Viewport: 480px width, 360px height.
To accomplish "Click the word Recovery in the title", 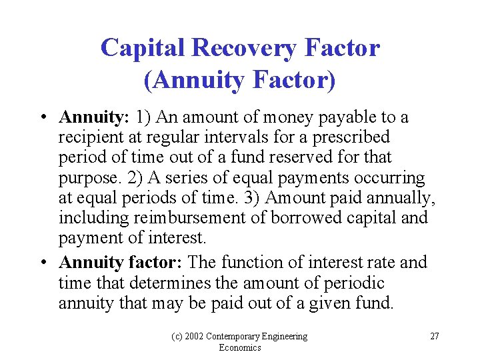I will tap(245, 48).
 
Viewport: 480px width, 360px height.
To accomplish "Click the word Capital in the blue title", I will tap(143, 48).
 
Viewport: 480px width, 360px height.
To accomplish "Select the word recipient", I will tap(89, 138).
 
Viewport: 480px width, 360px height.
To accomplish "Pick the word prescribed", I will tap(351, 138).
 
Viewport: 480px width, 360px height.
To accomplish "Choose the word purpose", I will tap(85, 179).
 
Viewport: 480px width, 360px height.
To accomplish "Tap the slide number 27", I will tap(434, 336).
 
